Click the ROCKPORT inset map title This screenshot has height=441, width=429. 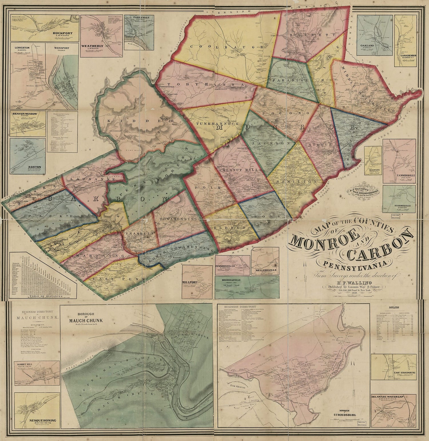pyautogui.click(x=62, y=33)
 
